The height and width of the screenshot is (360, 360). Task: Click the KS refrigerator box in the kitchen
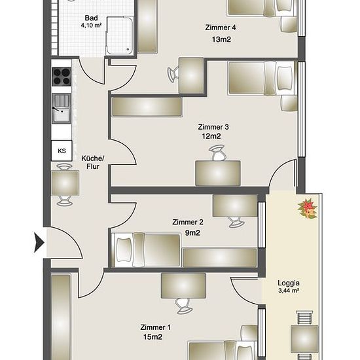click(62, 151)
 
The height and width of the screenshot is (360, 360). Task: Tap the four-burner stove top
click(62, 77)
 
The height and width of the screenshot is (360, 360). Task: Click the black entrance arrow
click(39, 242)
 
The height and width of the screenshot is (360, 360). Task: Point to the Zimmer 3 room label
click(213, 127)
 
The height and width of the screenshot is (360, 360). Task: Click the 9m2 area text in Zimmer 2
click(192, 233)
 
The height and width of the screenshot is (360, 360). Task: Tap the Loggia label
click(289, 283)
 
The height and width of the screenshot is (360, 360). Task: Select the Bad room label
click(91, 18)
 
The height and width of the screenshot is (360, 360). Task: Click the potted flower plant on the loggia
click(308, 209)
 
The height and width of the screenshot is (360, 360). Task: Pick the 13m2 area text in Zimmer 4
click(221, 39)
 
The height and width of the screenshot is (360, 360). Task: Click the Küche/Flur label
click(93, 162)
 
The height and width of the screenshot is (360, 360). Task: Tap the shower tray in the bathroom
click(119, 35)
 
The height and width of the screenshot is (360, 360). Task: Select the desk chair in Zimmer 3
click(217, 153)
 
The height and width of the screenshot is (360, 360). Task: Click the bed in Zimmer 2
click(145, 250)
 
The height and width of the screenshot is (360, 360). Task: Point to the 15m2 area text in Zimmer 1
click(153, 337)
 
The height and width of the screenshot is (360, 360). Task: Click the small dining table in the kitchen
click(65, 183)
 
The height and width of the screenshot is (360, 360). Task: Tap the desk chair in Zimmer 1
click(184, 306)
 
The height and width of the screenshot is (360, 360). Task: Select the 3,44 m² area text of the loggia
click(289, 291)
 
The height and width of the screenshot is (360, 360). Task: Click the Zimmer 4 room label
click(221, 27)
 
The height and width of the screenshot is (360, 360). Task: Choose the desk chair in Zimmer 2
click(236, 222)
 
